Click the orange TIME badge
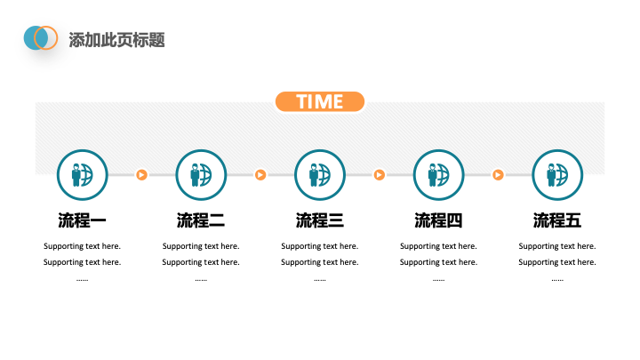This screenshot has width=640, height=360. [320, 101]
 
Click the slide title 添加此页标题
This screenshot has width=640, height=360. [116, 40]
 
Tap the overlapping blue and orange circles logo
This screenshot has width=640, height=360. [40, 38]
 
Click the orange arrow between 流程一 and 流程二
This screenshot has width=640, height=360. [141, 175]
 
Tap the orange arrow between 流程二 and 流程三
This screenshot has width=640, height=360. [260, 175]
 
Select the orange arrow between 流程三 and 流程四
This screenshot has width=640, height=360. [380, 175]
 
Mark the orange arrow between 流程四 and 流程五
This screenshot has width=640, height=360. [498, 175]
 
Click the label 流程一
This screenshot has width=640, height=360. [82, 220]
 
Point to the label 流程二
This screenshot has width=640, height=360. [201, 220]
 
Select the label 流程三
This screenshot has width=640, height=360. [320, 220]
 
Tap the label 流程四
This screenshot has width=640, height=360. [438, 220]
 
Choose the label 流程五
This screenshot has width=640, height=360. [557, 220]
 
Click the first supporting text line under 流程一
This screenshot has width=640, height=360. [82, 246]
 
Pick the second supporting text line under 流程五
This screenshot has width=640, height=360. [557, 262]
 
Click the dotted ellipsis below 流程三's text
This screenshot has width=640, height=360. [320, 280]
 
